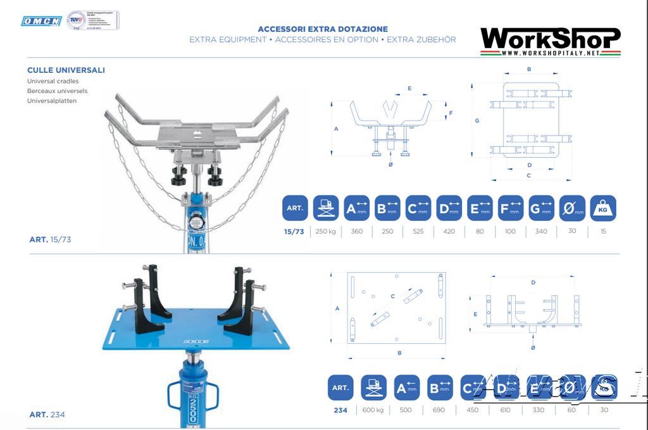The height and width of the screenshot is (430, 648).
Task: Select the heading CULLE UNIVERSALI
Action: (66, 70)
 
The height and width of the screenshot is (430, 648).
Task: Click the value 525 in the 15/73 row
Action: (418, 232)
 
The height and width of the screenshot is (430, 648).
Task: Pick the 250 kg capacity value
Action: (325, 232)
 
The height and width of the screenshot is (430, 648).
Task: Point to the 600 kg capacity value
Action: (373, 410)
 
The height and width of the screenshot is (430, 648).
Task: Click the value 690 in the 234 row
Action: (438, 410)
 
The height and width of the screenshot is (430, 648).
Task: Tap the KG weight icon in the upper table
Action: (603, 208)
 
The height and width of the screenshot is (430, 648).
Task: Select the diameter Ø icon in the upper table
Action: (572, 208)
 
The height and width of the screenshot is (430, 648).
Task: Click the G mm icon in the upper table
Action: (541, 208)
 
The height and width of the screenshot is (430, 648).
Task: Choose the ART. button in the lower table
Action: (340, 388)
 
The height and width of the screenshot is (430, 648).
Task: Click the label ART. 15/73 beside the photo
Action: (50, 239)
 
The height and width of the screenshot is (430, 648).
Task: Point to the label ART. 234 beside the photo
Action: (47, 415)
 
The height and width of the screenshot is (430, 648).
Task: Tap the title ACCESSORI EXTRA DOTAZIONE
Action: (323, 29)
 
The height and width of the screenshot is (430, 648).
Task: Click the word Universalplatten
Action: (52, 101)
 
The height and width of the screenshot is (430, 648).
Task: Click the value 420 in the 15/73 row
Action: (449, 232)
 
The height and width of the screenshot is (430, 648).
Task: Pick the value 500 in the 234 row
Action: (406, 410)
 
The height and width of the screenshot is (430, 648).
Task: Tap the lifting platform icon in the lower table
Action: (373, 388)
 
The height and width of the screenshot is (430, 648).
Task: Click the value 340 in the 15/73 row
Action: (541, 232)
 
